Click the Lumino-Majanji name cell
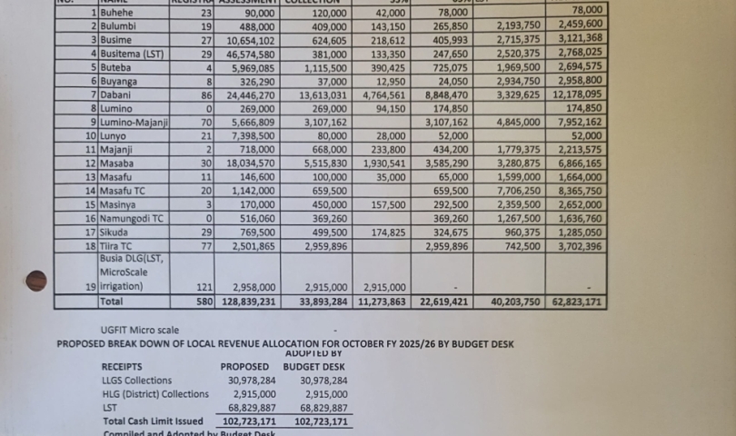(134, 122)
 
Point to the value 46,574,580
(245, 54)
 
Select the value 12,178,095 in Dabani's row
(575, 94)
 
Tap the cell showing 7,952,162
(575, 122)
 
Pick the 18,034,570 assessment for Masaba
(245, 163)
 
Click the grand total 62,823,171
(575, 302)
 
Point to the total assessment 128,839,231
(243, 302)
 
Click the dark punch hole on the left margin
(36, 281)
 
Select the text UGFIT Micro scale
(140, 330)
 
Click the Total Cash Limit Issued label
(153, 421)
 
